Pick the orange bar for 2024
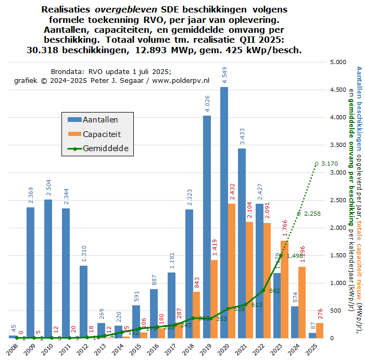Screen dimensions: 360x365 [303, 302]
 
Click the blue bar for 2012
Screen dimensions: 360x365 [84, 302]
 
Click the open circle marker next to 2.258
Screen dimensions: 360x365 [299, 214]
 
